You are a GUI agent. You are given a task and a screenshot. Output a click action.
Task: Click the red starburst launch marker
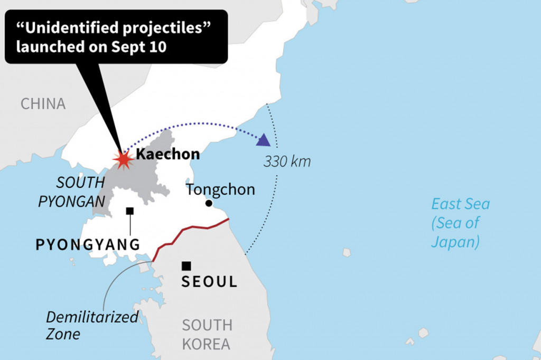click(123, 158)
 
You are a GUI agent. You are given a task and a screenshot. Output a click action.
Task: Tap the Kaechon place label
click(168, 154)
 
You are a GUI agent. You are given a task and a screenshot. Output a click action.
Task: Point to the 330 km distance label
click(287, 162)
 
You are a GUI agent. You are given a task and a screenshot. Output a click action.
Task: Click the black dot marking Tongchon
click(209, 203)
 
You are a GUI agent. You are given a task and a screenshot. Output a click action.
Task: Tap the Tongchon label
click(221, 190)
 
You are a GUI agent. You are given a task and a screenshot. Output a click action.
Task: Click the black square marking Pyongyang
click(130, 211)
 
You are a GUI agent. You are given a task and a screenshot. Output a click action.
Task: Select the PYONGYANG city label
click(88, 245)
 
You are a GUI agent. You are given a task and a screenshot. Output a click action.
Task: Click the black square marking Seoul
click(186, 266)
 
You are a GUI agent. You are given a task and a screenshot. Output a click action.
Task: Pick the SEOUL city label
click(209, 282)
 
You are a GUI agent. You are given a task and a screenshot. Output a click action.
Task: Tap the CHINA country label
click(43, 103)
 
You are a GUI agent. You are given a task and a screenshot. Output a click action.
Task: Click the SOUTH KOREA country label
click(207, 334)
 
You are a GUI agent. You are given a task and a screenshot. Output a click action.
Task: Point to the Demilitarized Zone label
click(92, 326)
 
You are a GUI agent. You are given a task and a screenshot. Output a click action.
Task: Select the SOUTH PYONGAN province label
click(72, 192)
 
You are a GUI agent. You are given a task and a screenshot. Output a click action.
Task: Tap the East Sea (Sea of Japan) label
click(460, 223)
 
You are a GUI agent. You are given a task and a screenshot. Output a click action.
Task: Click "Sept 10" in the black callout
click(139, 46)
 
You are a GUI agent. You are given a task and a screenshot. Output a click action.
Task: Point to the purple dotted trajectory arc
click(195, 125)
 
